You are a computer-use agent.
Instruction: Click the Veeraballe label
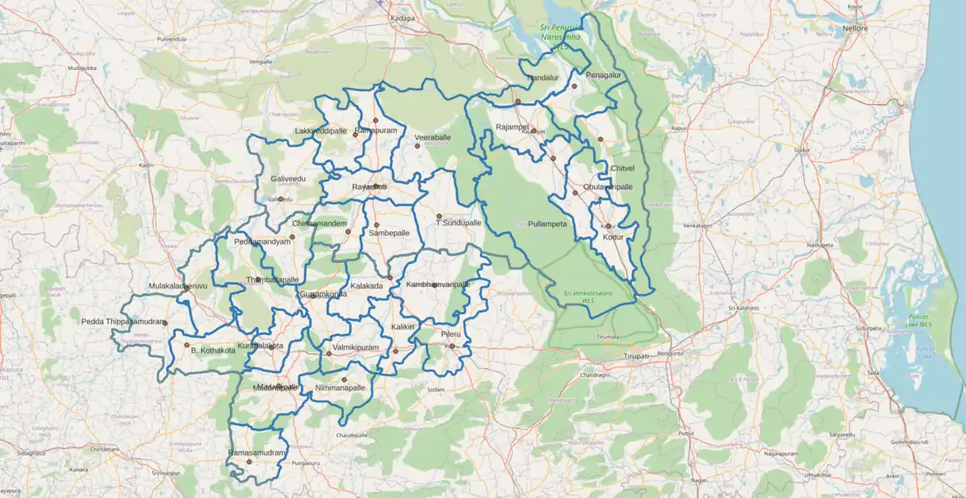pos(432,138)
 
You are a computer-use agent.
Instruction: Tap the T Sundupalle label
pos(458,222)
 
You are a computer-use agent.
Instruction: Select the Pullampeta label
pos(547,223)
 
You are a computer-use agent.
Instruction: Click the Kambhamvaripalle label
pos(438,285)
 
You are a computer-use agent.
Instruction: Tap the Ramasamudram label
pos(257,453)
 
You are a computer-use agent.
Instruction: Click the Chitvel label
pos(622,168)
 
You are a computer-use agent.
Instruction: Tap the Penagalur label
pos(605,75)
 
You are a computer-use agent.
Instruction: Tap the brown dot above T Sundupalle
pos(439,216)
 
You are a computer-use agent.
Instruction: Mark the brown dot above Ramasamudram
pos(250,462)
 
